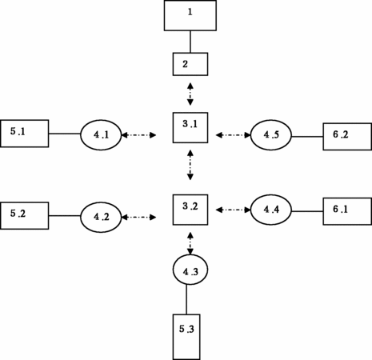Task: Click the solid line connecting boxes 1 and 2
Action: point(190,42)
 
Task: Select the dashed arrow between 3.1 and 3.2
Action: point(190,165)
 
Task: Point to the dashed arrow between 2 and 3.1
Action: point(190,94)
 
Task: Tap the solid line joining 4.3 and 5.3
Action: point(186,299)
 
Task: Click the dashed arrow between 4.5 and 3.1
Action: point(233,135)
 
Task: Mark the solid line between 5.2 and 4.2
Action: point(65,216)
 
